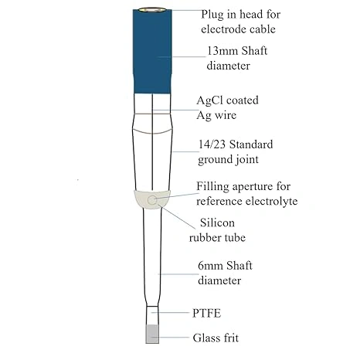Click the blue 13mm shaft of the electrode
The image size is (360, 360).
click(x=152, y=52)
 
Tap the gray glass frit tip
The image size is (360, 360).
click(x=152, y=334)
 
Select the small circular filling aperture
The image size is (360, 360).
click(x=152, y=200)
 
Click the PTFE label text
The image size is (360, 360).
click(x=206, y=314)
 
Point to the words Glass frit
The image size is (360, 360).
click(x=216, y=338)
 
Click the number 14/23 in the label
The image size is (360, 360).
click(x=212, y=144)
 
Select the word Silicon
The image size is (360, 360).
click(x=217, y=222)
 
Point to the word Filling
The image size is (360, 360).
click(x=212, y=186)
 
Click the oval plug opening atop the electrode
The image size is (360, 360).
click(x=151, y=10)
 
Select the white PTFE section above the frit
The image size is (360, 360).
click(x=152, y=315)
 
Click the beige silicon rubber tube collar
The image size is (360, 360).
click(x=152, y=199)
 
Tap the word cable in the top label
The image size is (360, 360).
click(x=262, y=29)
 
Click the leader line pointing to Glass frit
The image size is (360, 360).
click(x=170, y=337)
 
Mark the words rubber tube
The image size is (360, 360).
click(x=217, y=238)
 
